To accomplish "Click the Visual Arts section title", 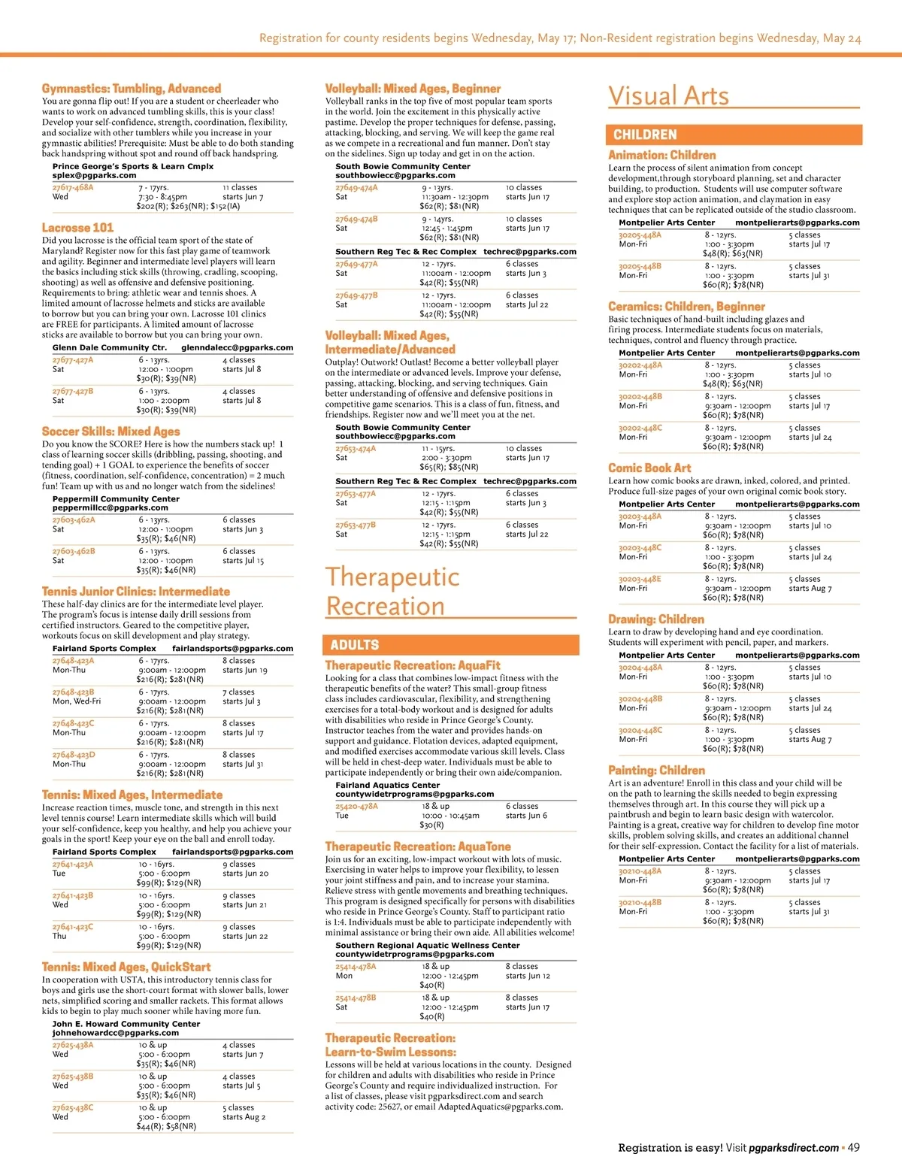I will click(x=668, y=96).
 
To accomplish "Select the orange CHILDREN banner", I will click(x=734, y=135).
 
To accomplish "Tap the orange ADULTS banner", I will click(x=452, y=644).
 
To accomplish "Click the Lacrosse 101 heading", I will click(x=77, y=227).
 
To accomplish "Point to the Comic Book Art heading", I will click(x=649, y=468).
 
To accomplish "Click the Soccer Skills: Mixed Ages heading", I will click(x=110, y=432).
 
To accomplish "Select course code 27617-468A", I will click(x=73, y=187).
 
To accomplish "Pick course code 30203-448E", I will click(x=640, y=579).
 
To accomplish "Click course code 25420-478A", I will click(x=356, y=806).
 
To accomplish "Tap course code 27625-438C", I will click(x=73, y=1107).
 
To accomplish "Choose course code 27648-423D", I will click(x=74, y=754).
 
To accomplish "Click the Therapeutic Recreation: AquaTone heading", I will click(x=417, y=846).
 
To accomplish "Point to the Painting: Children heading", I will click(x=656, y=770).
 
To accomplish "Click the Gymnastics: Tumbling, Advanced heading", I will click(x=132, y=89).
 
